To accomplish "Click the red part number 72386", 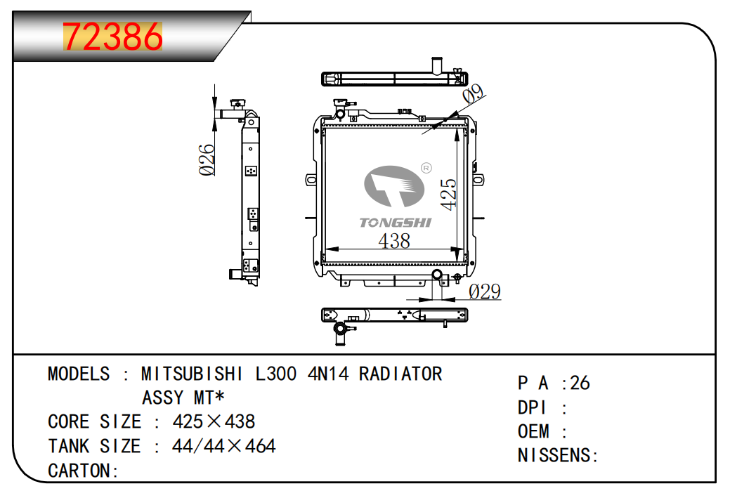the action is (112, 37).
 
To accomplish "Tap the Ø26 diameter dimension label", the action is (207, 159).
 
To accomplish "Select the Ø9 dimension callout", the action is (474, 93).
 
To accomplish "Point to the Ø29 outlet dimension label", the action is (485, 291).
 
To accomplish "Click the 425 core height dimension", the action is (448, 194).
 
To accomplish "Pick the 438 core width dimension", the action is (394, 241).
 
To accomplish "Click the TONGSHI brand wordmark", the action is (396, 223).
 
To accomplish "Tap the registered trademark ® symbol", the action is (426, 168).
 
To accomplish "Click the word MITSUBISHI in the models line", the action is (192, 374).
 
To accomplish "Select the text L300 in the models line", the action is (276, 374).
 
